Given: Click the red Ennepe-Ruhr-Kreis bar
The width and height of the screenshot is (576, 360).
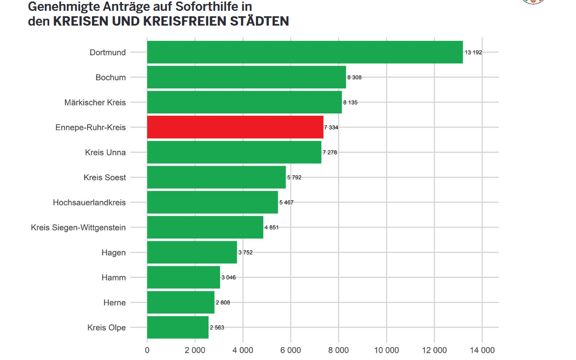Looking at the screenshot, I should point(235,127).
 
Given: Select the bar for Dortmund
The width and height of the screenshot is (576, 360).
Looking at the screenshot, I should point(305,52).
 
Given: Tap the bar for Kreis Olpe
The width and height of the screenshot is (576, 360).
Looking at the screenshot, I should point(178,327).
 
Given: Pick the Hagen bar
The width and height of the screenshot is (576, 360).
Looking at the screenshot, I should point(192,252).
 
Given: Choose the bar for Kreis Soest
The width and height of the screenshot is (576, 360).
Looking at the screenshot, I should point(216,177).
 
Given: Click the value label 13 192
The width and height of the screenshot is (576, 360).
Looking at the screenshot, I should point(473,52).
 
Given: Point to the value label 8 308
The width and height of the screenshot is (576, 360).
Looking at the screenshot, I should point(354,77).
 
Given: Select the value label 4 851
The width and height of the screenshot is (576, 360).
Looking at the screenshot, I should point(271,228).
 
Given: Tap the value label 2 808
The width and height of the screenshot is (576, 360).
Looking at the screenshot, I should point(223,302).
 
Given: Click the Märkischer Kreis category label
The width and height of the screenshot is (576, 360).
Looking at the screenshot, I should point(95,102).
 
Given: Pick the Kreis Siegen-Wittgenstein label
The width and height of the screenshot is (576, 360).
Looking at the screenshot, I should point(78,228).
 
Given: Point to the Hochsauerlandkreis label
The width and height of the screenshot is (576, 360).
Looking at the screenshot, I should point(89,202).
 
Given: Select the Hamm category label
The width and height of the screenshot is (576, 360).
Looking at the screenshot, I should point(113,277).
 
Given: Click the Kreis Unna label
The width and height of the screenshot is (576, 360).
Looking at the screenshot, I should point(105,152).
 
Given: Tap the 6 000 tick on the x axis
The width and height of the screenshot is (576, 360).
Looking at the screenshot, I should point(290,350).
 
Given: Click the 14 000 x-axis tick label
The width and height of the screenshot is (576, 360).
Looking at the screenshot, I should point(481,350).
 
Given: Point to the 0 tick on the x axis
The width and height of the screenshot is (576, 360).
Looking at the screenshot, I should point(147,350).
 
